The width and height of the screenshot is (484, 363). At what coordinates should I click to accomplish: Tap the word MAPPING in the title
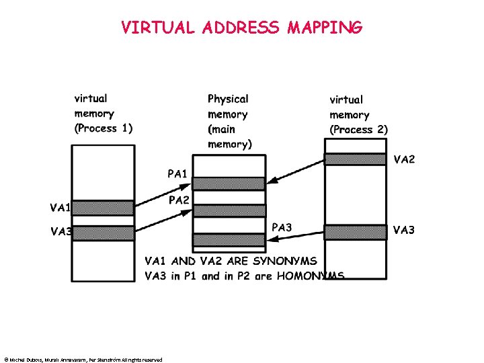pyautogui.click(x=325, y=28)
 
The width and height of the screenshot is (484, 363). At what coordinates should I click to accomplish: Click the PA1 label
pyautogui.click(x=177, y=174)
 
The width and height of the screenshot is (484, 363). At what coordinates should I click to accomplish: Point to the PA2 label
pyautogui.click(x=179, y=200)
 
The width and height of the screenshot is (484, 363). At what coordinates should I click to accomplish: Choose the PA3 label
pyautogui.click(x=282, y=227)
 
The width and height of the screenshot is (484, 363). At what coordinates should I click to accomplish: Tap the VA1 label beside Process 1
pyautogui.click(x=61, y=207)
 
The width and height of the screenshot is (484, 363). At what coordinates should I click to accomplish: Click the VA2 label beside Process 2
pyautogui.click(x=404, y=159)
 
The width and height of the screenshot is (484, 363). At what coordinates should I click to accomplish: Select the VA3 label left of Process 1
pyautogui.click(x=61, y=232)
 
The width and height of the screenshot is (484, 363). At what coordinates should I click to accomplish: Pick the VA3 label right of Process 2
pyautogui.click(x=404, y=231)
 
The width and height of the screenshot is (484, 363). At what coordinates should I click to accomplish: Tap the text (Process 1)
pyautogui.click(x=104, y=128)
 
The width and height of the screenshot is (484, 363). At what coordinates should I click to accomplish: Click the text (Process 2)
pyautogui.click(x=358, y=129)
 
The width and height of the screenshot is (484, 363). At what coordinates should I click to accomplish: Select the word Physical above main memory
pyautogui.click(x=228, y=99)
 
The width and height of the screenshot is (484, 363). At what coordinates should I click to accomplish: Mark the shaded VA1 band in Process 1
pyautogui.click(x=103, y=207)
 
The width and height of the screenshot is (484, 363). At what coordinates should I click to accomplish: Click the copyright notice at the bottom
pyautogui.click(x=83, y=360)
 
